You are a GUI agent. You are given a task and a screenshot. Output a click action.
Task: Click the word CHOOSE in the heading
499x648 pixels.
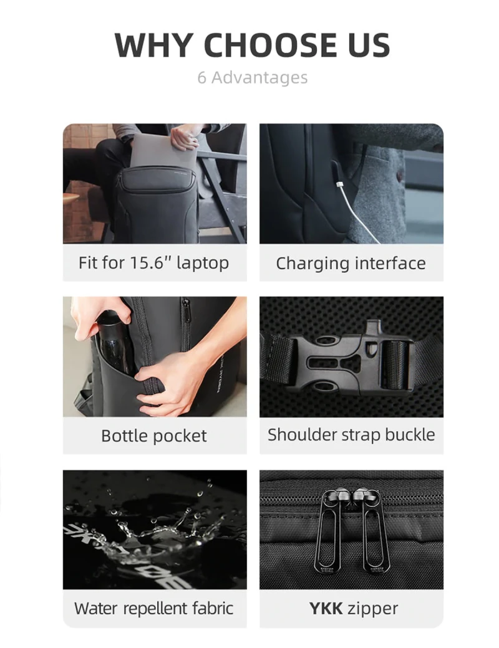coord(270,45)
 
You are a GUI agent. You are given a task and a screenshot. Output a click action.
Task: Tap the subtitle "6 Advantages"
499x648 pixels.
coord(253,77)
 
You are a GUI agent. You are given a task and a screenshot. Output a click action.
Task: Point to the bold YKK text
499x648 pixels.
coord(326,608)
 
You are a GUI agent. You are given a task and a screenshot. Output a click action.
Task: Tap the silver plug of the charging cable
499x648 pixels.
coord(339,184)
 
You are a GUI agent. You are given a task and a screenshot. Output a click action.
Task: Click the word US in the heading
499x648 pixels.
coord(369,45)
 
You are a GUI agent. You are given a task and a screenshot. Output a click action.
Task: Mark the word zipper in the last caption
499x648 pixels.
coord(372,609)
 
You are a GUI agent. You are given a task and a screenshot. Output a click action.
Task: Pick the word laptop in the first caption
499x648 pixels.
coord(202,263)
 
